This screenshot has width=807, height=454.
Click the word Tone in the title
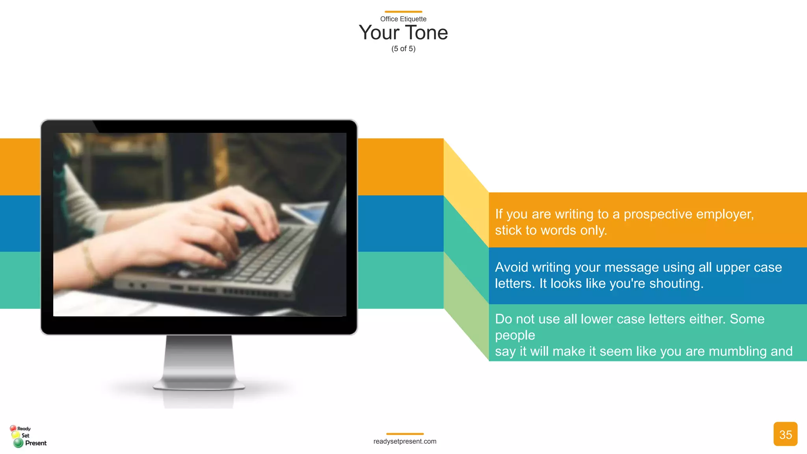(x=426, y=33)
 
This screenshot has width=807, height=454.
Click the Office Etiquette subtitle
(x=403, y=19)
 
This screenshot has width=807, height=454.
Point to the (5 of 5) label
(x=403, y=49)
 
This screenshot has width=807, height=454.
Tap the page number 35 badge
(x=785, y=434)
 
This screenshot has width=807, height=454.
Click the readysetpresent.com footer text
(x=405, y=441)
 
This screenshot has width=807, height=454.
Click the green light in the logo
(x=18, y=443)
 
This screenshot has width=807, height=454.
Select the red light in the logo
(x=13, y=428)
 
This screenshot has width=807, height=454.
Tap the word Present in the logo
(x=36, y=443)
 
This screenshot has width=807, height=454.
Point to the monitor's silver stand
(x=199, y=363)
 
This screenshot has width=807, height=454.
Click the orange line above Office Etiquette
(x=403, y=12)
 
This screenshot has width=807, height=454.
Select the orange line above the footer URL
(x=405, y=434)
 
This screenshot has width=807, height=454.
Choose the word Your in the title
(x=379, y=33)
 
